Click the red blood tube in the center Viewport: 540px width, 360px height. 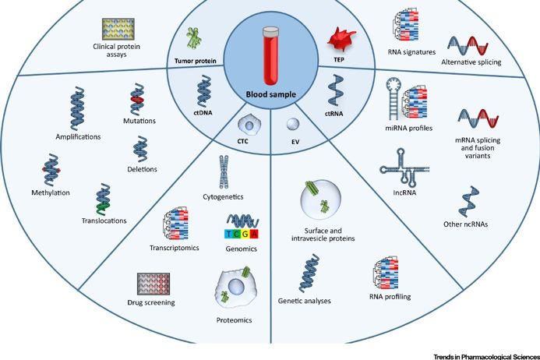(270, 57)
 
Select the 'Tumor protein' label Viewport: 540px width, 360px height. (193, 60)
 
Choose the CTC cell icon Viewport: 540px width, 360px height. (250, 125)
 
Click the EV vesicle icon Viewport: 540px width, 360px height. (291, 125)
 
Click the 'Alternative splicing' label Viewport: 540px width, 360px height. (472, 62)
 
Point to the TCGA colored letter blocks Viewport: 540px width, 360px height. (242, 233)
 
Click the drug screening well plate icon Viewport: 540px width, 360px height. (154, 284)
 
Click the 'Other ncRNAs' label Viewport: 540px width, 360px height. (475, 224)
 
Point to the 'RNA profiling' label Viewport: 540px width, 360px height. (389, 297)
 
